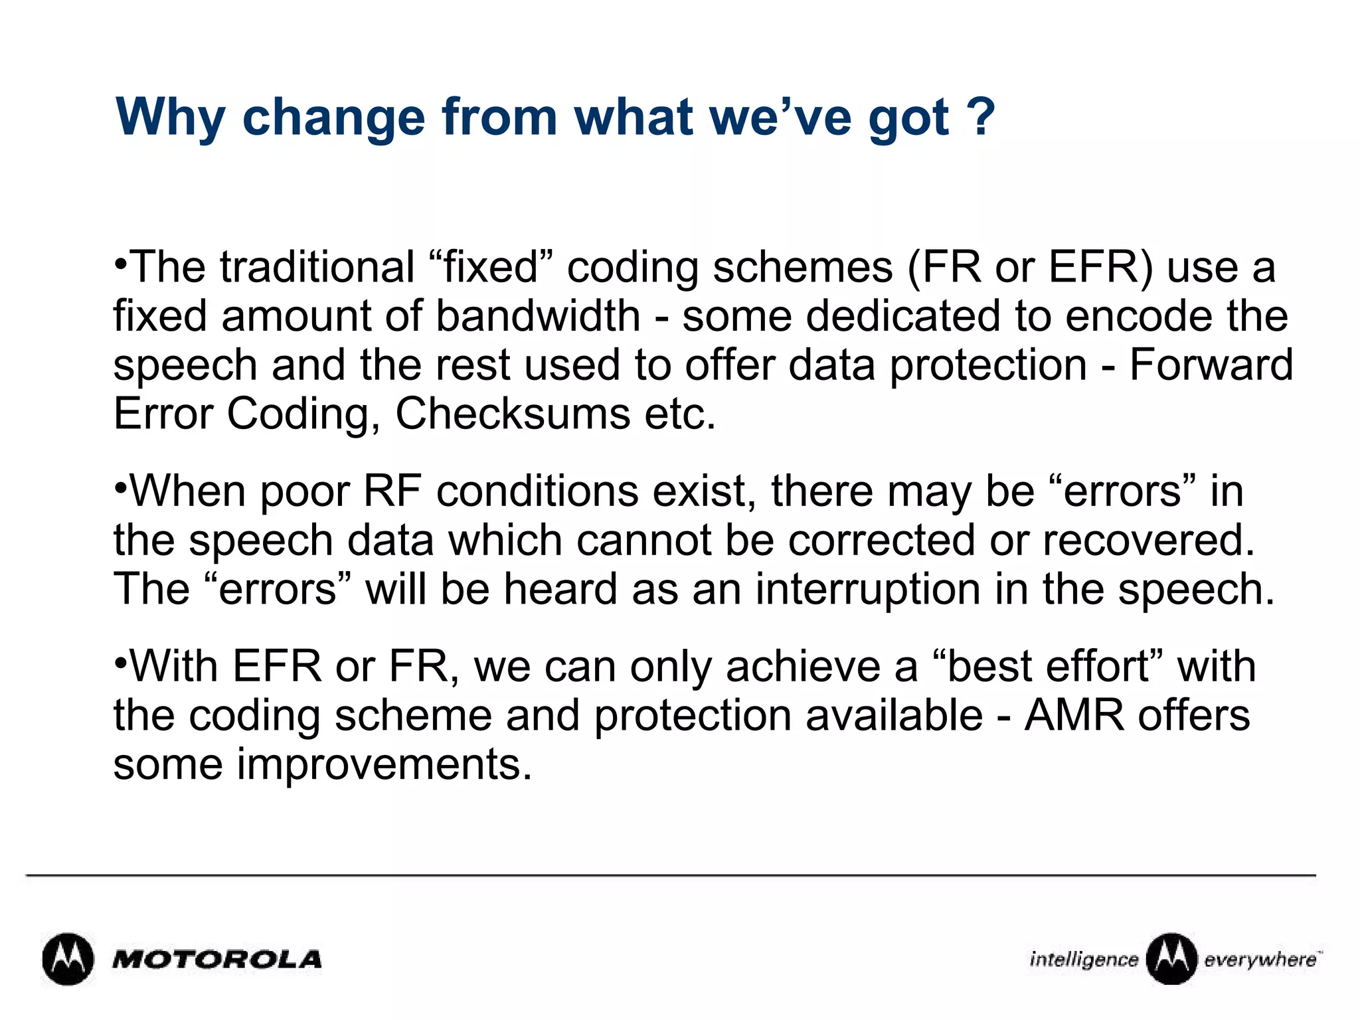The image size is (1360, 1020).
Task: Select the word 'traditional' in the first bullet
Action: pos(317,268)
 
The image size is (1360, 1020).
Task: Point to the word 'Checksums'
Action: pos(512,414)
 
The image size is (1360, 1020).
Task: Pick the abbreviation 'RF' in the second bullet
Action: pos(392,492)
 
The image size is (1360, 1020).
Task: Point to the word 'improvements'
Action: pos(384,765)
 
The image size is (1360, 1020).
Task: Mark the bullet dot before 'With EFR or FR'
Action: pos(120,663)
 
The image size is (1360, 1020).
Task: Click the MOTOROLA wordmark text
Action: pos(217,960)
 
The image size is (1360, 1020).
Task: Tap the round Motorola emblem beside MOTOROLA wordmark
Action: pos(68,960)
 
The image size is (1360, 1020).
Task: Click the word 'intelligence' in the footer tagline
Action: pos(1083,960)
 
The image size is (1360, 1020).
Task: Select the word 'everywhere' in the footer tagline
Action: pos(1260,960)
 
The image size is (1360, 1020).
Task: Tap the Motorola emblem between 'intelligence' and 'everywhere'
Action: pos(1171,959)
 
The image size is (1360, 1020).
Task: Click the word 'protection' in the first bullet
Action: pos(987,365)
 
